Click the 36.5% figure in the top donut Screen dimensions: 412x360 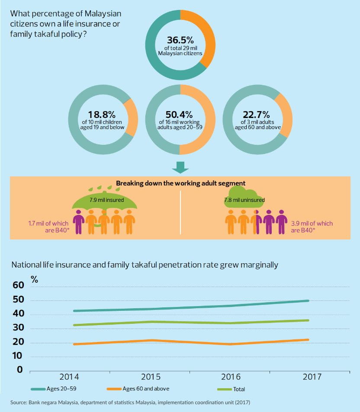pos(180,40)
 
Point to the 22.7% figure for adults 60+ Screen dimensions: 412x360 pos(257,115)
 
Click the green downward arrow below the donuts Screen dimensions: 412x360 pos(180,167)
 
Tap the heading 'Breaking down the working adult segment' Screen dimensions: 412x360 pos(180,183)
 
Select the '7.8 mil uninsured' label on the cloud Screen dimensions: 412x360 pos(244,200)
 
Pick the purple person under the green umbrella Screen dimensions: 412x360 pos(79,222)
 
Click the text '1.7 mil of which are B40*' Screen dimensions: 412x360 pos(48,227)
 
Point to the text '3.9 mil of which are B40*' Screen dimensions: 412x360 pos(312,227)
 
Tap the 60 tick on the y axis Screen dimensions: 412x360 pos(18,285)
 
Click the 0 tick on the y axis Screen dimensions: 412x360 pos(19,369)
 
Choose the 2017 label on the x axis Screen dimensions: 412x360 pos(312,377)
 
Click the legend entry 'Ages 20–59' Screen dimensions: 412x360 pos(61,389)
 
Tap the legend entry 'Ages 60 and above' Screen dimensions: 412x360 pos(147,389)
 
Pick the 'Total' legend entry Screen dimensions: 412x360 pos(239,389)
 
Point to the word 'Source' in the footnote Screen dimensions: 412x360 pos(19,402)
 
